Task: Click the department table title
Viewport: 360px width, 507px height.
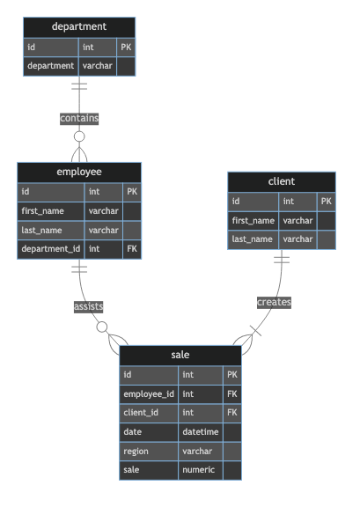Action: click(79, 27)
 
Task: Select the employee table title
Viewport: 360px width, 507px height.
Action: click(79, 172)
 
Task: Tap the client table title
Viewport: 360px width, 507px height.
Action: click(282, 181)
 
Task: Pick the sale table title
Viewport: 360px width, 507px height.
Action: click(180, 355)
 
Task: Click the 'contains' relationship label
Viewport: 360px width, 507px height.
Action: click(79, 118)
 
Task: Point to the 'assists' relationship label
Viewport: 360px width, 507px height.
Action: click(88, 306)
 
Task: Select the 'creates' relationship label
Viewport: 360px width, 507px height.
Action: click(274, 302)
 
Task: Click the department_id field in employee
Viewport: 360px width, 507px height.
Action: click(51, 249)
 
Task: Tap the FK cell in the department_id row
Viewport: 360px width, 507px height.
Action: click(132, 249)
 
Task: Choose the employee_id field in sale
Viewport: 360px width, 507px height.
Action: click(149, 393)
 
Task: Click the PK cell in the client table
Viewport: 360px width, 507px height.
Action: click(326, 202)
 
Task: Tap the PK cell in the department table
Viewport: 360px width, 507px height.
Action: click(126, 48)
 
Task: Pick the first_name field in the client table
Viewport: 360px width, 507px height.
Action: click(253, 220)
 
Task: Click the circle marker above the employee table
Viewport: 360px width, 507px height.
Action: click(79, 136)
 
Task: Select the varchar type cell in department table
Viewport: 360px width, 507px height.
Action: click(98, 66)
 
